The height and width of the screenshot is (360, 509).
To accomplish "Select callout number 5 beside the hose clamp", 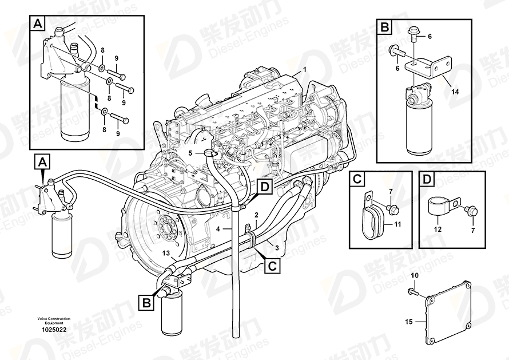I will click(190, 153).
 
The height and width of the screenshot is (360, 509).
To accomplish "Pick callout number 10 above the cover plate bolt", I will click(416, 276).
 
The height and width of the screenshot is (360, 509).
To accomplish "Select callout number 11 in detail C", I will click(397, 224).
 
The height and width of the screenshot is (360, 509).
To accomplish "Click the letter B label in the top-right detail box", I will click(385, 26).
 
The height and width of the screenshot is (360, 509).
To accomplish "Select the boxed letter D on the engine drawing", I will click(265, 185).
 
